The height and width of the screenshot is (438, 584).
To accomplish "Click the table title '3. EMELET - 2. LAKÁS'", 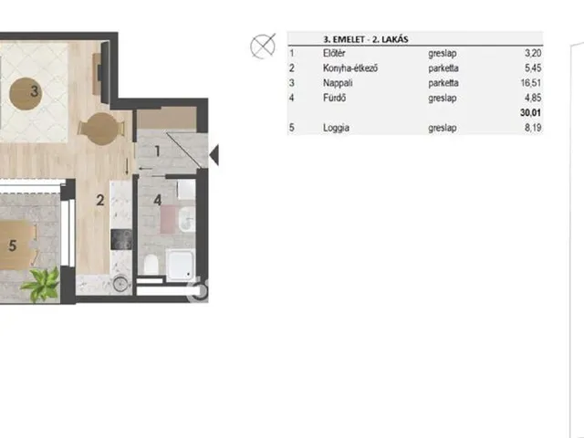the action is pyautogui.click(x=366, y=39).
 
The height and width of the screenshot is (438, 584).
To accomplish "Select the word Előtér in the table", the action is pyautogui.click(x=334, y=53).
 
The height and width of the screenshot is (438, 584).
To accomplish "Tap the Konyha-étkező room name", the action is pyautogui.click(x=350, y=68).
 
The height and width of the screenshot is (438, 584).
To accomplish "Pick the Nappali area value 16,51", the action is pyautogui.click(x=531, y=83).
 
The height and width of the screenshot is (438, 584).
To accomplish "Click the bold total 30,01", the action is pyautogui.click(x=531, y=112).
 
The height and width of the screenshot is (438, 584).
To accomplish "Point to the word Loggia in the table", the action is pyautogui.click(x=336, y=128).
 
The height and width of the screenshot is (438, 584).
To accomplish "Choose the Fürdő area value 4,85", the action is pyautogui.click(x=533, y=98).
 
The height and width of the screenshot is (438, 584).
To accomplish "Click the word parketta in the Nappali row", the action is pyautogui.click(x=443, y=83).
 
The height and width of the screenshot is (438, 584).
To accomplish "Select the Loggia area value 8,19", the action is pyautogui.click(x=533, y=128).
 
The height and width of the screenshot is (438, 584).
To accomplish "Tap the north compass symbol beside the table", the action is pyautogui.click(x=263, y=47).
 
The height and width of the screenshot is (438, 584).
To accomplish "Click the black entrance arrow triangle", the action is pyautogui.click(x=214, y=154).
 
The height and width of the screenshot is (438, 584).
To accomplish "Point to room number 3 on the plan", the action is pyautogui.click(x=35, y=91).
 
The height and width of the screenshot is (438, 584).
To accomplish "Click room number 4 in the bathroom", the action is pyautogui.click(x=158, y=201).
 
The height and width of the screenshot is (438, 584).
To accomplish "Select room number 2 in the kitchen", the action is pyautogui.click(x=100, y=201).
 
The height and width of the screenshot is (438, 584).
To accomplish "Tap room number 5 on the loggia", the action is pyautogui.click(x=12, y=245).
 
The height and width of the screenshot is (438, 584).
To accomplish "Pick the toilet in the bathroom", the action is pyautogui.click(x=151, y=264).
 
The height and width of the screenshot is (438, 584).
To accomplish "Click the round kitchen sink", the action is pyautogui.click(x=120, y=284).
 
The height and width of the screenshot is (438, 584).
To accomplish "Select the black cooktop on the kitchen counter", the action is pyautogui.click(x=121, y=239).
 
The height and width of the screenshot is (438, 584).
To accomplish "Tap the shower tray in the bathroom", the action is pyautogui.click(x=180, y=266).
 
